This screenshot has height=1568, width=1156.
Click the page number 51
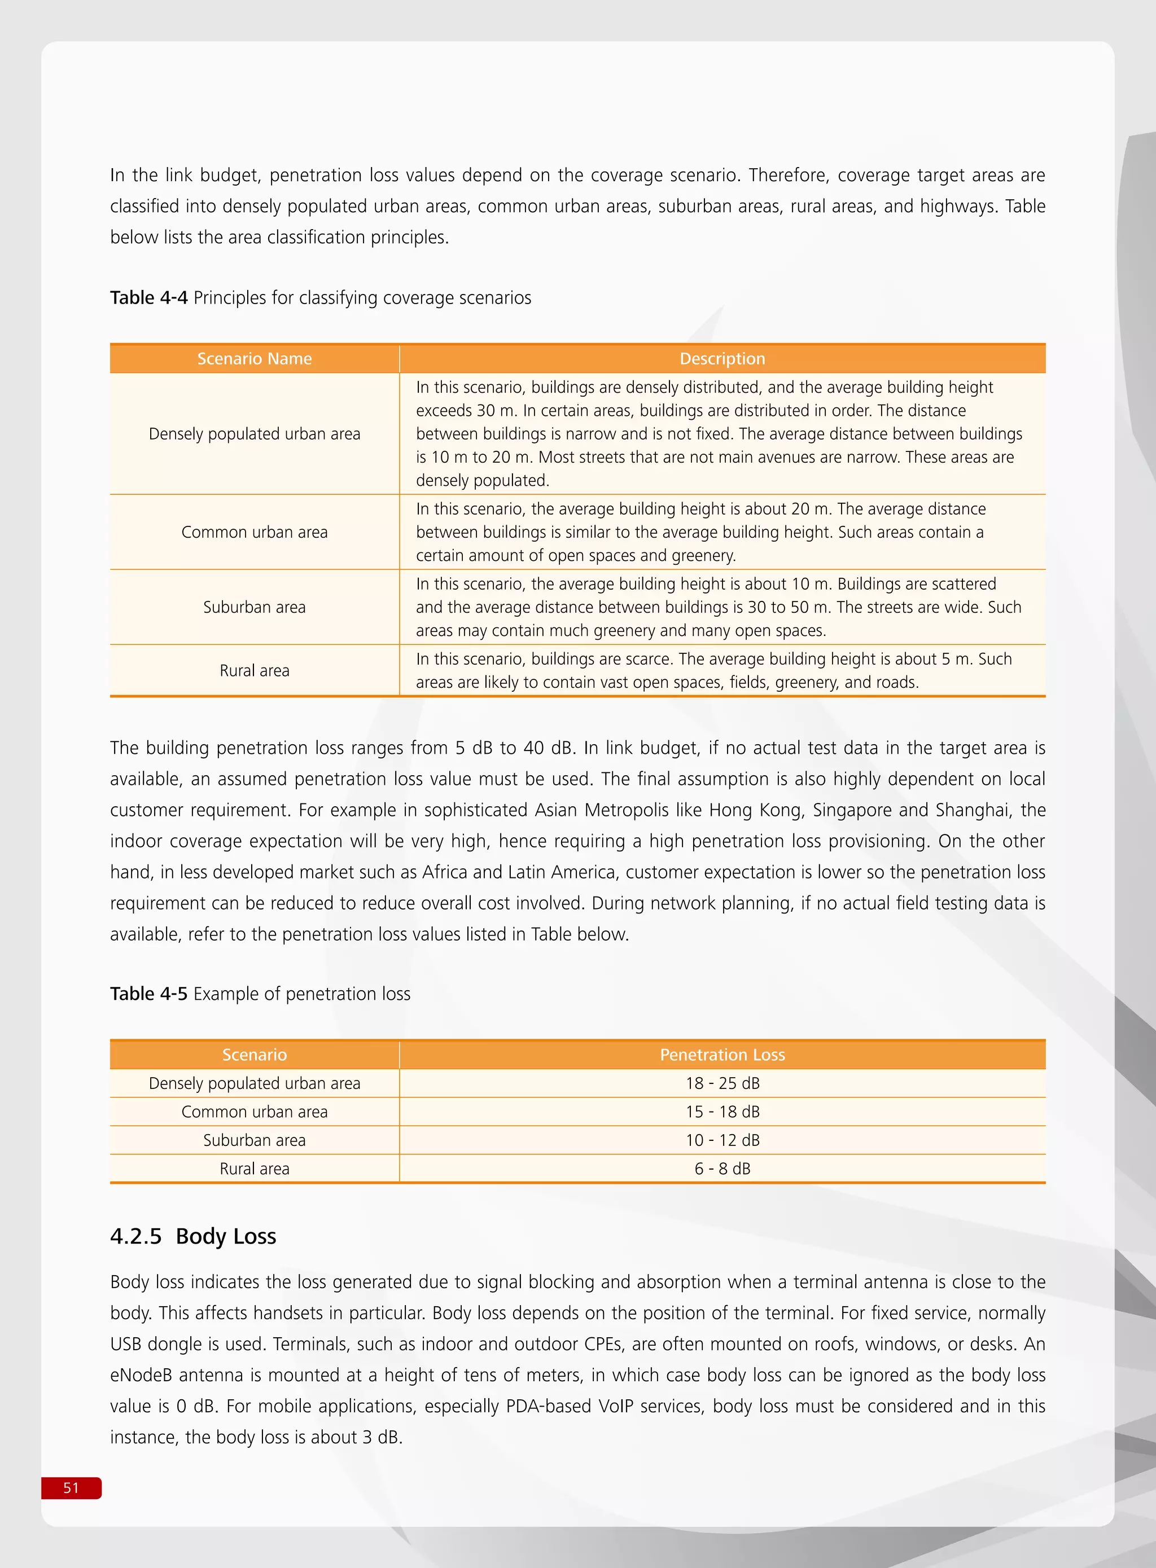click(x=71, y=1487)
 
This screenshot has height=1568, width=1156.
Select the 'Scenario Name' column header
click(x=254, y=359)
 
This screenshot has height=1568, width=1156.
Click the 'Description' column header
click(x=722, y=359)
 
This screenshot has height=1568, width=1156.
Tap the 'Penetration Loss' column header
click(x=722, y=1055)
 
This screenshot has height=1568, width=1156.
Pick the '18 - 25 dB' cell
click(x=722, y=1083)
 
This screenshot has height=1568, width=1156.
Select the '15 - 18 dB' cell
click(x=722, y=1112)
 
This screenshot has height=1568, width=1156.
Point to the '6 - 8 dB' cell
click(x=722, y=1169)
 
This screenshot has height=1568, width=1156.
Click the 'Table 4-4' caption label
click(x=148, y=298)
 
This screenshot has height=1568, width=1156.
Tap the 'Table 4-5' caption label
click(x=148, y=994)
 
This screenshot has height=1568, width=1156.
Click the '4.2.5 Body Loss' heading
click(x=193, y=1236)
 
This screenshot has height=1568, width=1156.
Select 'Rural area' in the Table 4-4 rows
click(x=254, y=671)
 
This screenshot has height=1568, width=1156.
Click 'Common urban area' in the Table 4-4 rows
click(x=254, y=532)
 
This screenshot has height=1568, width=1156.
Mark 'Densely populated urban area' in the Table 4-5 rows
click(x=254, y=1083)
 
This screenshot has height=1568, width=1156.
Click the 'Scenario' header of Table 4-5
click(x=254, y=1055)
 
